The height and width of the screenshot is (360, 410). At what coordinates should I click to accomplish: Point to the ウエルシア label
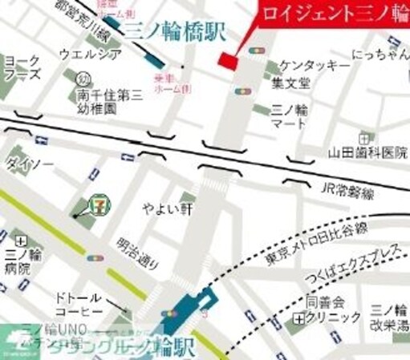tap(91, 54)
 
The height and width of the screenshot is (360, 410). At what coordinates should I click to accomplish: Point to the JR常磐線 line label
tap(347, 191)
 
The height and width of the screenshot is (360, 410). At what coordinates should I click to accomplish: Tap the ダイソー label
tap(29, 164)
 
